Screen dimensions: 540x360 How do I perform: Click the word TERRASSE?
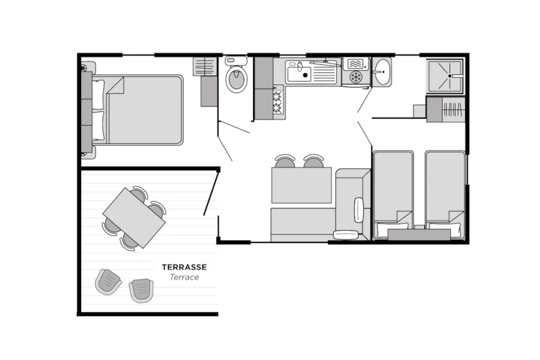coord(184,267)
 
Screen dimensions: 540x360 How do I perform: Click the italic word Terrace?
coord(184,278)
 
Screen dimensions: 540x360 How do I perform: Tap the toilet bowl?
coord(236,78)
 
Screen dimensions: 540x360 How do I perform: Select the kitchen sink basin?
coord(299,74)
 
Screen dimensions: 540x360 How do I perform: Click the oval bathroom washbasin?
coord(382,72)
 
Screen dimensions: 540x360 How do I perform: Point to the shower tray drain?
coord(450,76)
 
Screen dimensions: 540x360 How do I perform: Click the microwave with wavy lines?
coord(355,63)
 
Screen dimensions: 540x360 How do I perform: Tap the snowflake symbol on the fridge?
coord(355,76)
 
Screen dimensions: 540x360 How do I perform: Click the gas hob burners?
coord(278,102)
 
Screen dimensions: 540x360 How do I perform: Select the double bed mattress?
coord(144,110)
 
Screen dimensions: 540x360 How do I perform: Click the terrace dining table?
coord(134,217)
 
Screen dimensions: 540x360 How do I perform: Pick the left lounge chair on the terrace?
coord(108,282)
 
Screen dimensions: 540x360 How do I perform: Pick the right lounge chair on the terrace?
coord(141,290)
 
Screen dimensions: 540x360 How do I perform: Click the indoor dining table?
coord(301,185)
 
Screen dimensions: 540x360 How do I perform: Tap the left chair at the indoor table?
coord(285,161)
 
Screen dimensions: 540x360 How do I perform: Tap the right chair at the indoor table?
coord(313,161)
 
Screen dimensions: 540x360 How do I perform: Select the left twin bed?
coord(394,195)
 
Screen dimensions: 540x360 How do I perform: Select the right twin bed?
coord(446,195)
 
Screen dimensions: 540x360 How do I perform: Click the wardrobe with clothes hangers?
coord(452,109)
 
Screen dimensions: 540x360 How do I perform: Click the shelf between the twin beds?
coord(419,234)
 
